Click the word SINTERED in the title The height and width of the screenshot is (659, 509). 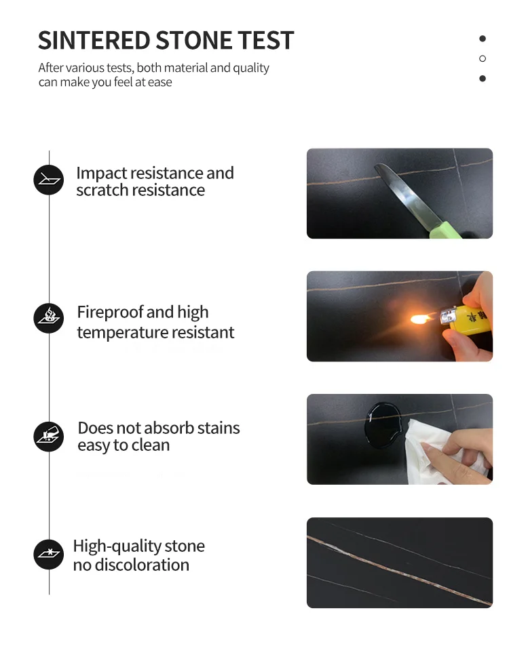[94, 41]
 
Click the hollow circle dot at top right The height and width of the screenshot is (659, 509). [483, 58]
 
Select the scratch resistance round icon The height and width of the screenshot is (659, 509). [49, 180]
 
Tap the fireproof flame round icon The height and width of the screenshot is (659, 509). [49, 318]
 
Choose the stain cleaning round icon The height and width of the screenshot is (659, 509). [49, 436]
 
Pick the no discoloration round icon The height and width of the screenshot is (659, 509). [49, 554]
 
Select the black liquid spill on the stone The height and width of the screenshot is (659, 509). [383, 425]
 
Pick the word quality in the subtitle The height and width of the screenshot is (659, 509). [250, 68]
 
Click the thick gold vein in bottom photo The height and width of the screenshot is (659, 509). [400, 572]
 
